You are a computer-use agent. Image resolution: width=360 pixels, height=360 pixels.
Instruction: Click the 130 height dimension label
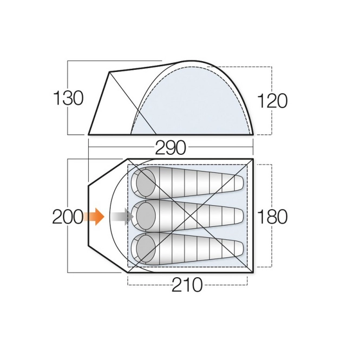68,99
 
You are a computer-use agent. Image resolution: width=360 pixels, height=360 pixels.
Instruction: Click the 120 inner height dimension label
272,100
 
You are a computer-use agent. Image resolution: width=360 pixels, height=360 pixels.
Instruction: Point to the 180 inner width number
272,217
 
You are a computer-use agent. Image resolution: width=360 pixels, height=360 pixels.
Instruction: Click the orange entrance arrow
94,217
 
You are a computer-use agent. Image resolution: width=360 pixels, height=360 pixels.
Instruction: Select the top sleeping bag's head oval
145,181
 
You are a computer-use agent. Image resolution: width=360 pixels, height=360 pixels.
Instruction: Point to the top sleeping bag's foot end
238,184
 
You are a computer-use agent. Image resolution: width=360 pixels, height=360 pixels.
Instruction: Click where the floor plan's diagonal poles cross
187,217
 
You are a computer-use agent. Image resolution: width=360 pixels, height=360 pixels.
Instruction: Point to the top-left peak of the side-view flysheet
110,72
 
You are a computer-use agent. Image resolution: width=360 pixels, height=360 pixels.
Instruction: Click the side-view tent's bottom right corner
253,134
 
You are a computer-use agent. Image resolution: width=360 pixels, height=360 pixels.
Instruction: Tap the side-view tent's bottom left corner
89,134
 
